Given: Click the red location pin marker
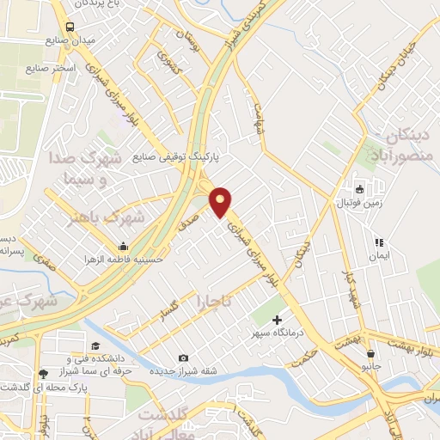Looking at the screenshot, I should [220, 202].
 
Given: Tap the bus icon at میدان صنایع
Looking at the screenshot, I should [69, 27].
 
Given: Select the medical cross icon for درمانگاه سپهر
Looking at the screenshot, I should [276, 320].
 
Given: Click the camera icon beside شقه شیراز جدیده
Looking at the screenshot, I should [182, 357].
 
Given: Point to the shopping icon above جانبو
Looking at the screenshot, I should [370, 354].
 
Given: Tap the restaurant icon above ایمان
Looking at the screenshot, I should [377, 244].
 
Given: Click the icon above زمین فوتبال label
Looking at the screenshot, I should [359, 189].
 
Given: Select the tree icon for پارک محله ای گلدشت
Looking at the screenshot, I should [40, 373].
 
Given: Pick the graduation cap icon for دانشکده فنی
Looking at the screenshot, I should [91, 343].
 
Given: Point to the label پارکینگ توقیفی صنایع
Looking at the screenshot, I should [176, 158].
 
